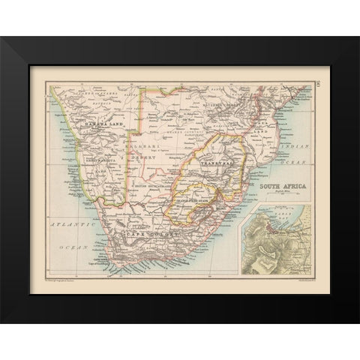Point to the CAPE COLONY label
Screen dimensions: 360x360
pyautogui.click(x=154, y=234)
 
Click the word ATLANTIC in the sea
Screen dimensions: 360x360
pyautogui.click(x=64, y=223)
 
